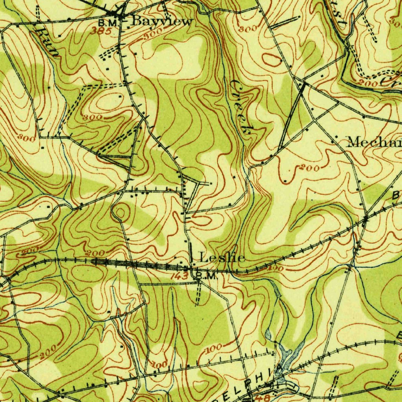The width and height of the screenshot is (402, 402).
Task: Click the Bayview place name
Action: pos(162,22)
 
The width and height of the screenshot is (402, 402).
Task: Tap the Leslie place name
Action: pos(222,258)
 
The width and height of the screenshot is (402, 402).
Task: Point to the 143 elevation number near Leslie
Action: pos(180,277)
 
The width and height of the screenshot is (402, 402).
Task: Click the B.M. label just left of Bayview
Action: pos(108,23)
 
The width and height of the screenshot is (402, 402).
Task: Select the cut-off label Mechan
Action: pos(373,142)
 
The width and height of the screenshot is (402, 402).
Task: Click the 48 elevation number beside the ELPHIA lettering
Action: pos(264,398)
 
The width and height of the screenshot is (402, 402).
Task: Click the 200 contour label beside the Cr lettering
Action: pos(367,82)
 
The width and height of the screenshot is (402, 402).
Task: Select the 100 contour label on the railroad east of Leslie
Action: pos(277,269)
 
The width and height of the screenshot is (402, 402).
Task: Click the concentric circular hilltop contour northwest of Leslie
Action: pos(121,213)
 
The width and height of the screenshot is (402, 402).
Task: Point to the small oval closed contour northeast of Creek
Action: pos(272,60)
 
